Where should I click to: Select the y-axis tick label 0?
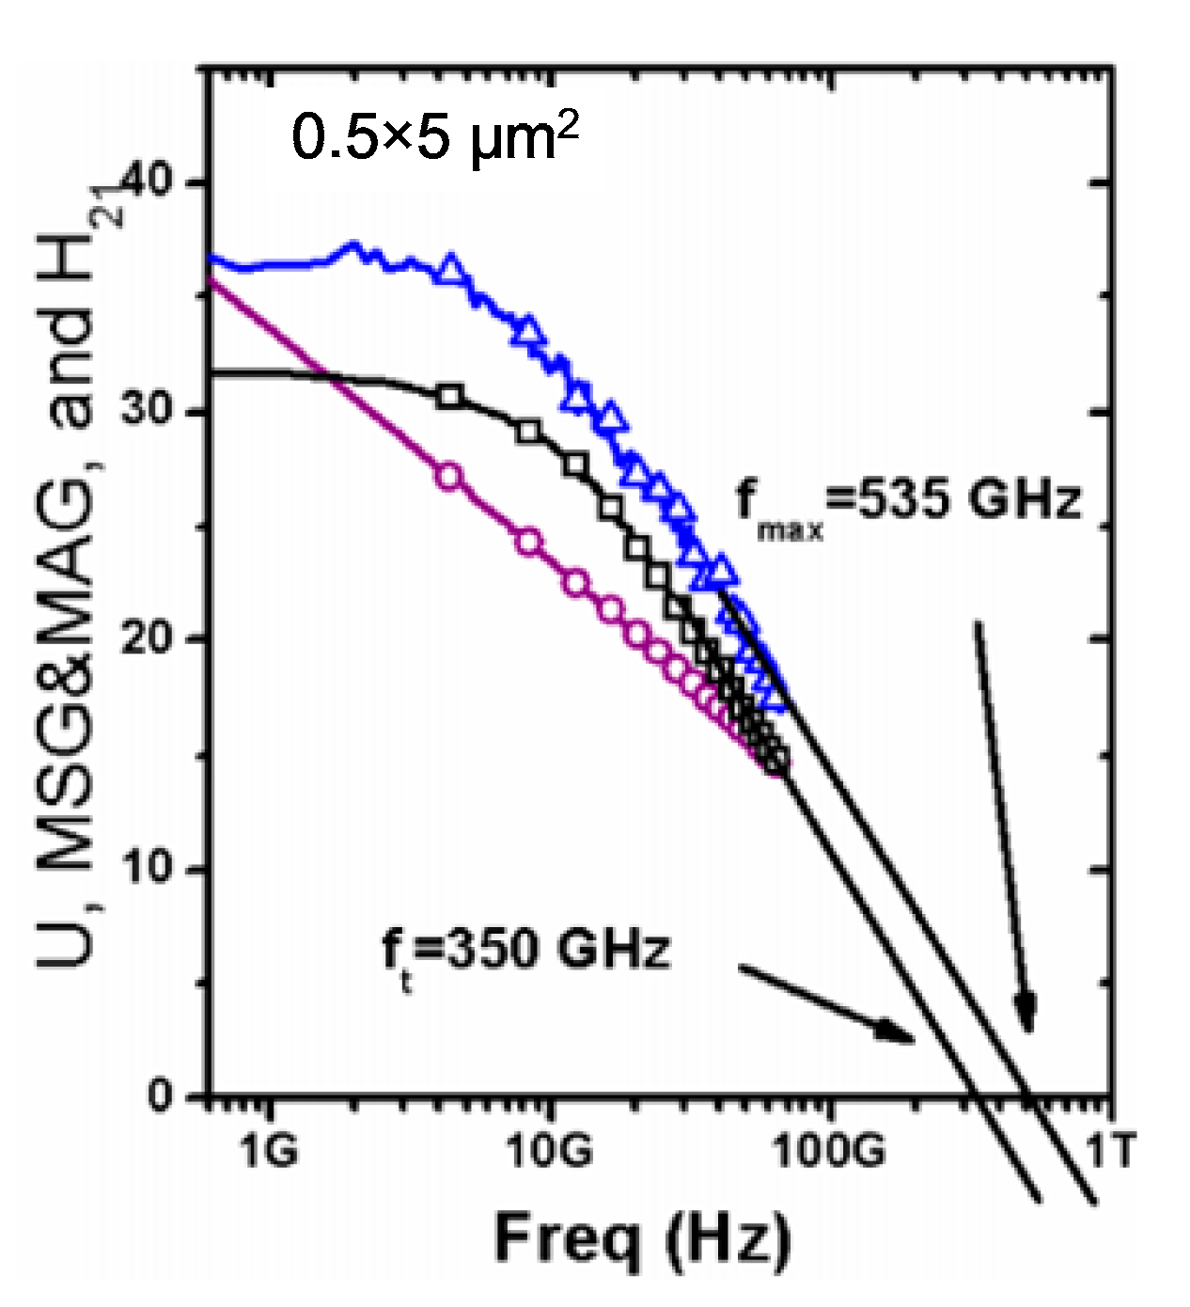[x=162, y=1096]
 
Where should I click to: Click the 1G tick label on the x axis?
[x=269, y=1150]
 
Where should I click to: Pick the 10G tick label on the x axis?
[x=550, y=1150]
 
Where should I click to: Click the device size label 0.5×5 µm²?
[x=434, y=137]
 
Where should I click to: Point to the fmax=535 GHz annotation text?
[x=908, y=503]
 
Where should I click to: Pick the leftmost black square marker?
[x=450, y=396]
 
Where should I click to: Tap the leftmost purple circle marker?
[x=450, y=477]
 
